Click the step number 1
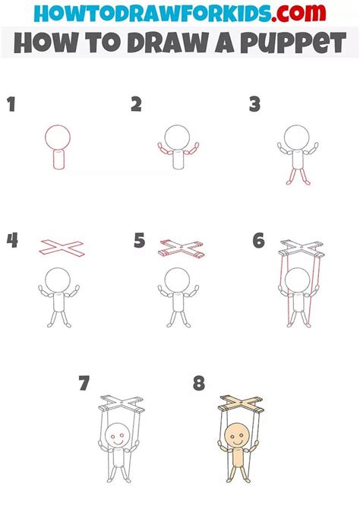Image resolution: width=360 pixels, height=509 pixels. (x=11, y=104)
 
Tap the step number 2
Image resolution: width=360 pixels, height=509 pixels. (x=137, y=104)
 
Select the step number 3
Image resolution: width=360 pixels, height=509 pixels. (x=255, y=104)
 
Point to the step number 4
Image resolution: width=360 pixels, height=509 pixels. (x=12, y=241)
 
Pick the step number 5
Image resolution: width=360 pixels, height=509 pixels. (x=140, y=241)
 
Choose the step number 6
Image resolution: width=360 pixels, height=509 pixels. (x=259, y=241)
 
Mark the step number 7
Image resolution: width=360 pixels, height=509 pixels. (x=84, y=383)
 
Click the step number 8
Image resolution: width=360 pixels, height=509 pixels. (x=199, y=383)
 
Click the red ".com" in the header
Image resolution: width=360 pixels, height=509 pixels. (x=298, y=12)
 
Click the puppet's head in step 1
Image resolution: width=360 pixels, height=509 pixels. (x=58, y=138)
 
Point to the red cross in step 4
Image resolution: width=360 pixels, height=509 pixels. (x=62, y=248)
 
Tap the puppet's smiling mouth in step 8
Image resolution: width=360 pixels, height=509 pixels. (x=238, y=443)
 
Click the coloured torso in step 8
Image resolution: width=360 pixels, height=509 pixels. (x=238, y=457)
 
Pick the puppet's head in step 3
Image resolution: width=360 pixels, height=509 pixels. (x=297, y=138)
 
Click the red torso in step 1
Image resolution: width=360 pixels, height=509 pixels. (x=59, y=159)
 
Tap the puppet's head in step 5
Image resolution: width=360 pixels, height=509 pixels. (x=177, y=280)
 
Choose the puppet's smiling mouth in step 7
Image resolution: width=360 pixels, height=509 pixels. (x=118, y=443)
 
